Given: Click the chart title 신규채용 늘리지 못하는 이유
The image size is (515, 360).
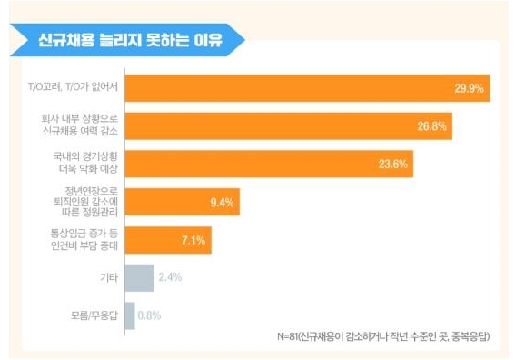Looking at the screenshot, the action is pyautogui.click(x=131, y=40).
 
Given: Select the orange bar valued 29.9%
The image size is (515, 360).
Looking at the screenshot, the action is pyautogui.click(x=307, y=88).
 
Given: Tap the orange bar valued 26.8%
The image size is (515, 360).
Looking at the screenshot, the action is pyautogui.click(x=289, y=126).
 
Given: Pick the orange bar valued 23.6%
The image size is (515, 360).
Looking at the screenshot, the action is pyautogui.click(x=270, y=164).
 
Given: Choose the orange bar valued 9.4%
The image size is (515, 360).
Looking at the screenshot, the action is pyautogui.click(x=183, y=202).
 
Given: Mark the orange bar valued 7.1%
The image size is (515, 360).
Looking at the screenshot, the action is pyautogui.click(x=168, y=240).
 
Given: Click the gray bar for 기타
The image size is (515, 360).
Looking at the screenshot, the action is pyautogui.click(x=139, y=278).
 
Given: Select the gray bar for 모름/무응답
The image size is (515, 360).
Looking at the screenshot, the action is pyautogui.click(x=130, y=315).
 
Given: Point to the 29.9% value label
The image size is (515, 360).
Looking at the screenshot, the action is pyautogui.click(x=469, y=88).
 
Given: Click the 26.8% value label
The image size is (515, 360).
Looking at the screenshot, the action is pyautogui.click(x=432, y=126).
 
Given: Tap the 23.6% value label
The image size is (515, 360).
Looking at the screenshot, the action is pyautogui.click(x=393, y=164).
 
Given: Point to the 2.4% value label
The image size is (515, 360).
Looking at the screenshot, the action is pyautogui.click(x=170, y=277).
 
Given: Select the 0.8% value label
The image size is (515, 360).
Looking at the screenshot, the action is pyautogui.click(x=149, y=315).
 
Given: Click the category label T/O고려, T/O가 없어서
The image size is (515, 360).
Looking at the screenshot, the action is pyautogui.click(x=73, y=86).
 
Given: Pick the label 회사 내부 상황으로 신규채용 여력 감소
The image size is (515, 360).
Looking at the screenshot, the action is pyautogui.click(x=80, y=125).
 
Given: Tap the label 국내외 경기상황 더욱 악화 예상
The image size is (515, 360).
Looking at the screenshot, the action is pyautogui.click(x=85, y=163).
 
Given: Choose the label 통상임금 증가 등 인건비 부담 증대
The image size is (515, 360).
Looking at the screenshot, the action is pyautogui.click(x=84, y=240).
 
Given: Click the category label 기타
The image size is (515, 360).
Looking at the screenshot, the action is pyautogui.click(x=109, y=278).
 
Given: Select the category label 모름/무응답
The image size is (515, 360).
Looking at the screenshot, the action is pyautogui.click(x=94, y=315).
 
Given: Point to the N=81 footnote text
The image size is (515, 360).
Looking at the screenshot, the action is pyautogui.click(x=383, y=336).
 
